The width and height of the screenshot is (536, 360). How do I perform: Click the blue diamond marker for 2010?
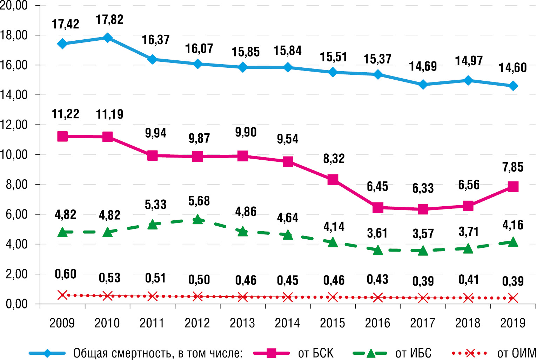point(107,38)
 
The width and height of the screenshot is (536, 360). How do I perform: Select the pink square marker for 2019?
point(513,187)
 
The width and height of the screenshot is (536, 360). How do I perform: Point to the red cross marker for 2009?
point(62,295)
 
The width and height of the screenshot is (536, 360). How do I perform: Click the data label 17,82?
point(109,20)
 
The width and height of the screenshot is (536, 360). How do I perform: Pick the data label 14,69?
point(423,66)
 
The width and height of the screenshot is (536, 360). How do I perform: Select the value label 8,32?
point(334,159)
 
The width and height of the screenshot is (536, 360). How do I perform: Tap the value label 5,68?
point(199,201)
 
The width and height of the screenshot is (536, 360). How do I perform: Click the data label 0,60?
point(65,274)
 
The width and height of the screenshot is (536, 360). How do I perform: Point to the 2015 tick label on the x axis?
point(333,323)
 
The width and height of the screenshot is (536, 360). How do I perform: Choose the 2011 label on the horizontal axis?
point(152,323)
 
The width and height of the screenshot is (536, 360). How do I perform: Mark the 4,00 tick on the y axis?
point(16,244)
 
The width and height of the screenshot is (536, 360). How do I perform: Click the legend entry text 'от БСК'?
point(316,353)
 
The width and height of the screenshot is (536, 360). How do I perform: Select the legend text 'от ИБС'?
point(413,353)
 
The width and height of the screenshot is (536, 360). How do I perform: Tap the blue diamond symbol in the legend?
point(47,353)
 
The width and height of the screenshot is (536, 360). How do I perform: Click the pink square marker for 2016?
point(378,207)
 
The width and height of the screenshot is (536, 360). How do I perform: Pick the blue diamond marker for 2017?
point(423,85)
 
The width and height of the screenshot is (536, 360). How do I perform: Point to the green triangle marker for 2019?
point(513,242)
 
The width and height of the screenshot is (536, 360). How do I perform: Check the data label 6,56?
point(469,185)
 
